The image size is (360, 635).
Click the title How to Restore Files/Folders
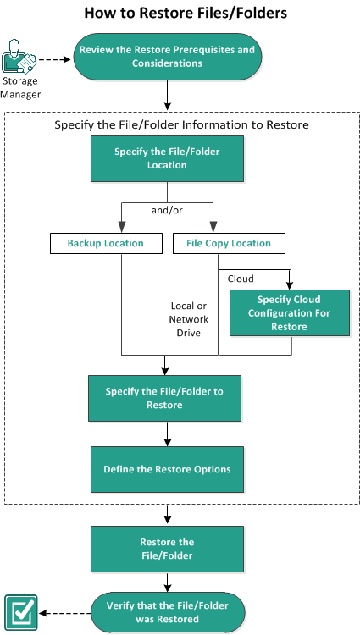[186, 13]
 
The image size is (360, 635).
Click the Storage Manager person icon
[19, 56]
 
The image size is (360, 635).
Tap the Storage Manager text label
[20, 88]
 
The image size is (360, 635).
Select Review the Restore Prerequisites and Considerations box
[167, 57]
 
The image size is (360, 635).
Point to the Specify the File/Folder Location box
[167, 158]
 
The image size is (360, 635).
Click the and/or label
[167, 211]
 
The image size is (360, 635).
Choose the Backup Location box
[106, 243]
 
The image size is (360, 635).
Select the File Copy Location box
[229, 243]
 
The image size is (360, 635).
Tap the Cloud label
[241, 279]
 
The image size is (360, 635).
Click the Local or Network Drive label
[189, 319]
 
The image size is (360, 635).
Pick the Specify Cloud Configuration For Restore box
[290, 312]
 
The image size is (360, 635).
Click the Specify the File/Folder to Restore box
[165, 398]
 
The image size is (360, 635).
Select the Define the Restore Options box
[167, 469]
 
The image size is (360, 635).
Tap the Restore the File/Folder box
[167, 549]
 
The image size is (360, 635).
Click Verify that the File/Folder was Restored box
[168, 612]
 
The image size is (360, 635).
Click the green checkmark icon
[21, 613]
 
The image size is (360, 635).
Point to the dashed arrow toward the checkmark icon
[64, 613]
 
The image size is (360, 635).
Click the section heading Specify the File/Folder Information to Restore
[182, 124]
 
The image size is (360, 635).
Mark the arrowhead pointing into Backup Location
[122, 226]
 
